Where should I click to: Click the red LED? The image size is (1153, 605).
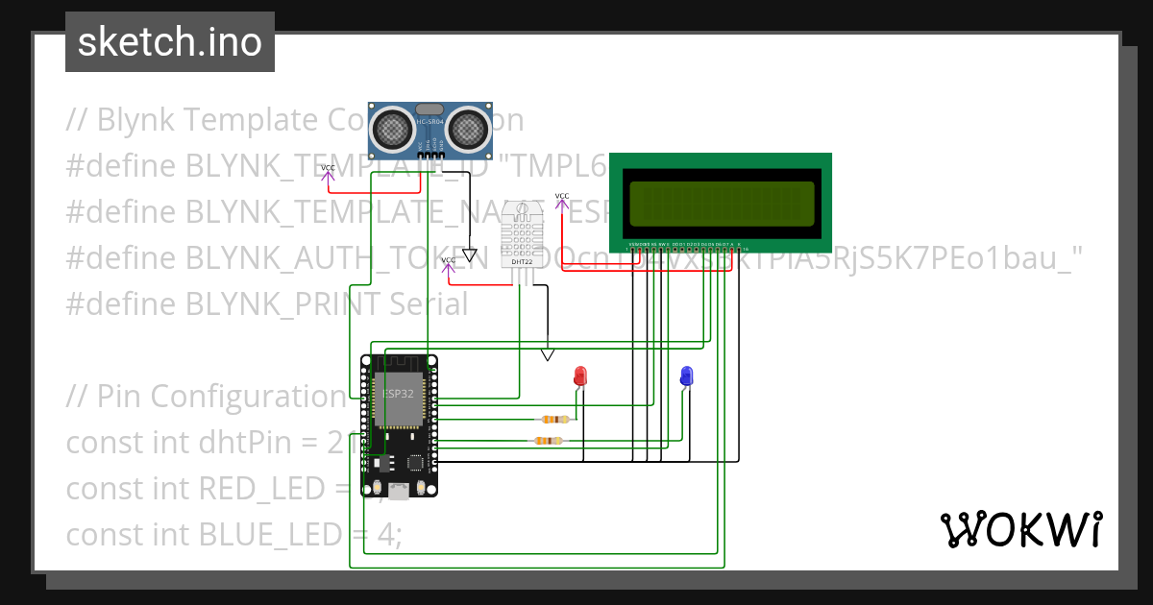pyautogui.click(x=579, y=375)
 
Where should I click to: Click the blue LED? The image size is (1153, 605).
pyautogui.click(x=686, y=375)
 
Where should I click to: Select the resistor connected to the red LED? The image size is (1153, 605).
pyautogui.click(x=554, y=420)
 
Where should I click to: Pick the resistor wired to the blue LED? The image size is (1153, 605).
pyautogui.click(x=547, y=441)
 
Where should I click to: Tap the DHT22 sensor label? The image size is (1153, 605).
pyautogui.click(x=522, y=261)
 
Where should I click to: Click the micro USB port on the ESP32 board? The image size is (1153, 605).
pyautogui.click(x=398, y=490)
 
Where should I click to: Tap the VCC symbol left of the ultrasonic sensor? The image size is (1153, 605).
pyautogui.click(x=328, y=171)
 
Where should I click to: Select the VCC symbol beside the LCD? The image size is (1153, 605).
pyautogui.click(x=562, y=199)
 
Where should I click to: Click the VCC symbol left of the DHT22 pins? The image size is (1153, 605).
pyautogui.click(x=448, y=263)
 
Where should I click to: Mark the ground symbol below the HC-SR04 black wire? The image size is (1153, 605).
pyautogui.click(x=469, y=255)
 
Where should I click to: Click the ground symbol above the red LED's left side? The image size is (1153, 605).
pyautogui.click(x=547, y=354)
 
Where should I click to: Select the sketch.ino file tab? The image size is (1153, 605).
pyautogui.click(x=170, y=42)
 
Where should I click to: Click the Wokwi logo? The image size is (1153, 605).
pyautogui.click(x=1020, y=529)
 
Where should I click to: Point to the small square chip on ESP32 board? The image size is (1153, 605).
pyautogui.click(x=415, y=463)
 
